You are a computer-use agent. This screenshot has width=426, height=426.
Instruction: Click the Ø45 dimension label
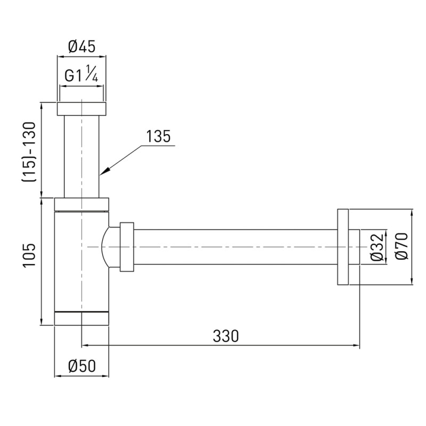click(81, 47)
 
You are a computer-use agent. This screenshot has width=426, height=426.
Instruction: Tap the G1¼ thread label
click(81, 74)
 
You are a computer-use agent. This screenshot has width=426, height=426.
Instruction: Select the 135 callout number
click(158, 136)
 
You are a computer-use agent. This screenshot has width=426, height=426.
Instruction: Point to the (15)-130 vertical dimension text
click(29, 152)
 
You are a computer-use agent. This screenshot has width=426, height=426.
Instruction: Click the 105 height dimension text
click(29, 255)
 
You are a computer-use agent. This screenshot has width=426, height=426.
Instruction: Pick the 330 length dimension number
click(226, 336)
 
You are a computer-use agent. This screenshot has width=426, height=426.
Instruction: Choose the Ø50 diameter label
click(82, 366)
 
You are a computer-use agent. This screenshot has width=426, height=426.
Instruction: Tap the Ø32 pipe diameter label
click(378, 247)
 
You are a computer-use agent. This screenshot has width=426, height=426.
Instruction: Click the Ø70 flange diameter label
click(402, 246)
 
